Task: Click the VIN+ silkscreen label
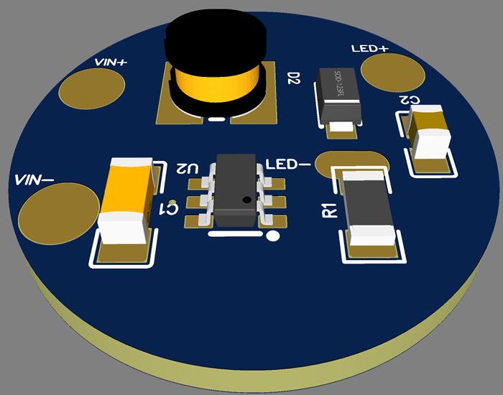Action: [x=111, y=62]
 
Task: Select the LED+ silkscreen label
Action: [x=370, y=49]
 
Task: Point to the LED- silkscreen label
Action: [x=287, y=165]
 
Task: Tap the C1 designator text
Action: [x=171, y=208]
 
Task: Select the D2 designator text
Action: [x=292, y=78]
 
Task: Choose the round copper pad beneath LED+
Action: [x=393, y=71]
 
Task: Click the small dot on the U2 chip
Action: [x=246, y=200]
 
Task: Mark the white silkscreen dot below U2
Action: [x=272, y=236]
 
